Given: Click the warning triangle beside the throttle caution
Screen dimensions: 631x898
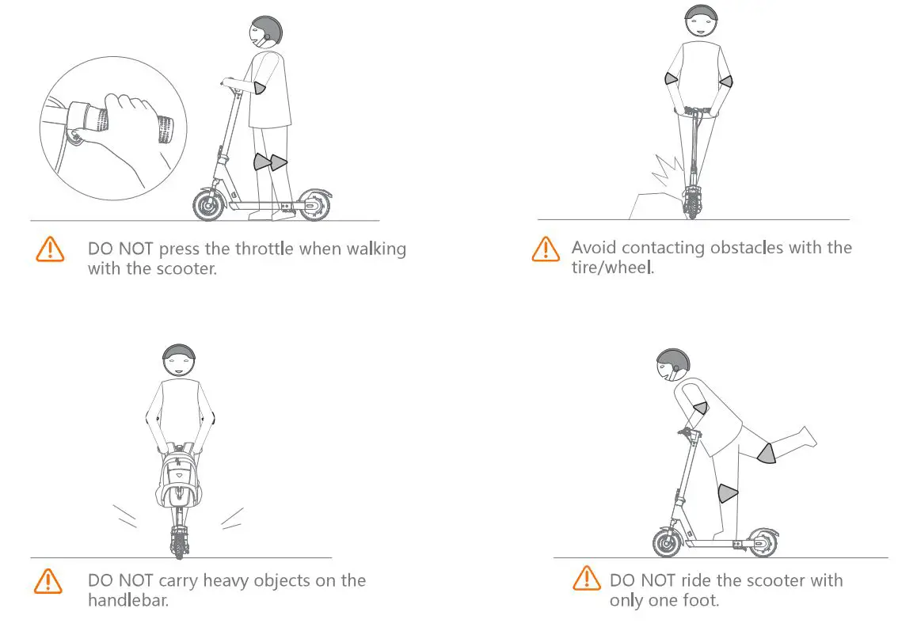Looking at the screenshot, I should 49,249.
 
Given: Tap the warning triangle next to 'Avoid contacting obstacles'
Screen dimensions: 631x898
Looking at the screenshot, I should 545,249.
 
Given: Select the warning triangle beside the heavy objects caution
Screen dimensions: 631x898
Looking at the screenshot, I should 49,582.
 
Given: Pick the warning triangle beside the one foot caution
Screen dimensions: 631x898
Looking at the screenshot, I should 586,578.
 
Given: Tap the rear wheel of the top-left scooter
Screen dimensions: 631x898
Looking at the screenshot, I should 314,205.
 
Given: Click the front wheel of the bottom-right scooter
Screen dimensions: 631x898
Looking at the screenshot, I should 666,544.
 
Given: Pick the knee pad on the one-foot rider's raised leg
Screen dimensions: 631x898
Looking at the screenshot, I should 765,454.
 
